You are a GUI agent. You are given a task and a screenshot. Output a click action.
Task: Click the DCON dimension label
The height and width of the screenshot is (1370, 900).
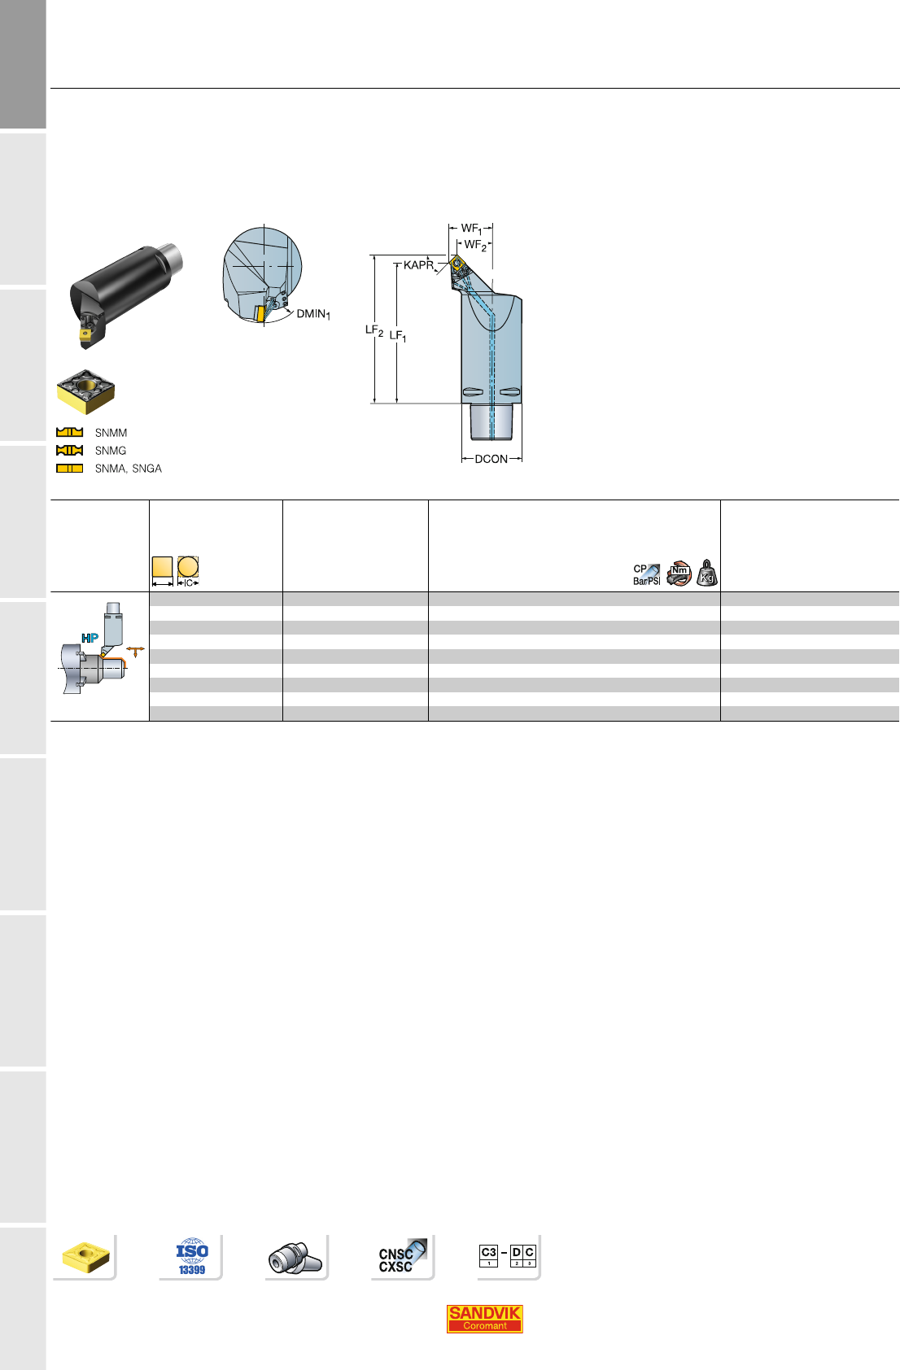coord(492,459)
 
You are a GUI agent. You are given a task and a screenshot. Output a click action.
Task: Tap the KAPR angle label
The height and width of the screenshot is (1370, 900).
coord(418,265)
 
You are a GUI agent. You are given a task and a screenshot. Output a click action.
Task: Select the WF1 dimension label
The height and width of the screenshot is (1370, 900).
coord(471,229)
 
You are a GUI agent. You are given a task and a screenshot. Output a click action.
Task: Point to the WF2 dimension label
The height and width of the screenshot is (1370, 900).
coord(475,245)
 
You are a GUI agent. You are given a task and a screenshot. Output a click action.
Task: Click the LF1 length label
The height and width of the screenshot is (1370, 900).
coord(398,336)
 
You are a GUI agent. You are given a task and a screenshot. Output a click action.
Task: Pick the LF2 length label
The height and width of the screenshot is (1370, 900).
coord(374,330)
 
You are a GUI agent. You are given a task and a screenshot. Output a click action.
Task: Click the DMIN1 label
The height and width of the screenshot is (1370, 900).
coord(313,314)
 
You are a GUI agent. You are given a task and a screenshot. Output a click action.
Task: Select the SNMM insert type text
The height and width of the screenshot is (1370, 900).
coord(111,433)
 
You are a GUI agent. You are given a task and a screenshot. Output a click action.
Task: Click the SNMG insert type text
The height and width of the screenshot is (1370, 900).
coord(110,451)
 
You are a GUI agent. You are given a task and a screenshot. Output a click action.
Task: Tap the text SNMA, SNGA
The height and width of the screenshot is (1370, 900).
coord(129,469)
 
